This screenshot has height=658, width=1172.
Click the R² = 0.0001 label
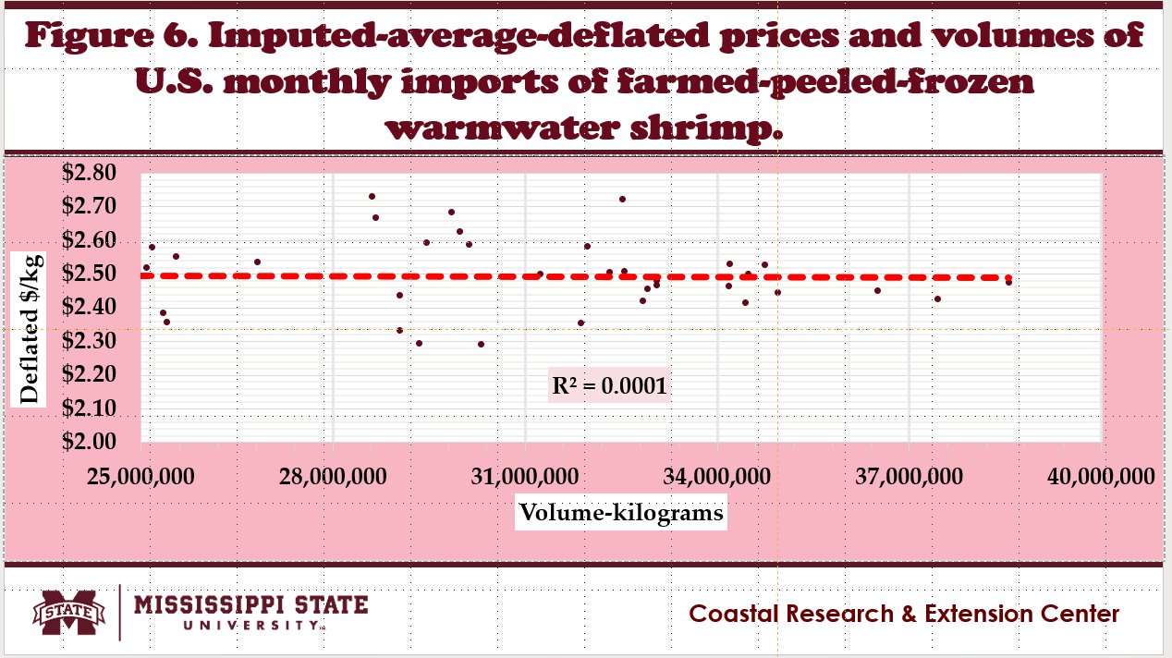click(608, 386)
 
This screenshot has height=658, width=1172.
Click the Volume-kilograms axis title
click(620, 512)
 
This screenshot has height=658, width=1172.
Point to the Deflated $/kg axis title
click(30, 329)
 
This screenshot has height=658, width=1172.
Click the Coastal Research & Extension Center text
click(904, 614)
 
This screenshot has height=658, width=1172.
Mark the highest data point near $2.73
click(372, 196)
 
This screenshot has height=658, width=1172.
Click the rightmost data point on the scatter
click(1008, 282)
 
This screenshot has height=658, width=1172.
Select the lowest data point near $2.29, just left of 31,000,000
click(481, 344)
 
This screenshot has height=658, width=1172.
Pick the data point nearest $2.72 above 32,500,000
click(622, 199)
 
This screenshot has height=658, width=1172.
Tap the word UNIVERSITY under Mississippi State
click(250, 626)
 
